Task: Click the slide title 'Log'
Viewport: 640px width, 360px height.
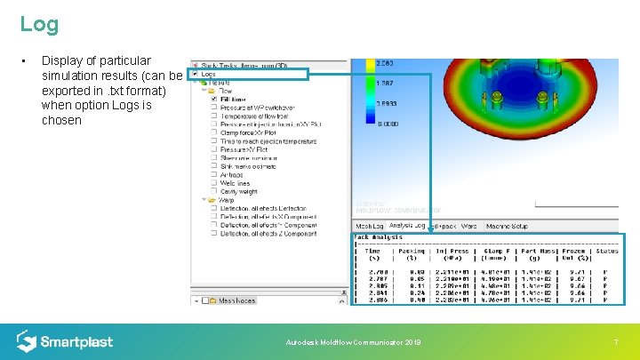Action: pos(39,24)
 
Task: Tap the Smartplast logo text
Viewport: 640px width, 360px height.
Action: pos(77,341)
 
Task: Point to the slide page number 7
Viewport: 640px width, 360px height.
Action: pos(615,342)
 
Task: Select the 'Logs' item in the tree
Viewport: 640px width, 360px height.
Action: pos(210,75)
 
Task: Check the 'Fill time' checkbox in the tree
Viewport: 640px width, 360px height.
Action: pos(214,99)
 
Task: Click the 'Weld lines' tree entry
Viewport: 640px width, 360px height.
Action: pos(236,183)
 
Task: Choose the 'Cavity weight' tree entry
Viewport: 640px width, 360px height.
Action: pos(238,191)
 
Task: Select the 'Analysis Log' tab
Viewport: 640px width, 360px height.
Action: pos(407,226)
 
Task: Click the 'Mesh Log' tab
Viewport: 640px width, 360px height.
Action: pos(370,226)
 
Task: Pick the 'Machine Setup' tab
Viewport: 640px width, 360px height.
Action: pos(507,226)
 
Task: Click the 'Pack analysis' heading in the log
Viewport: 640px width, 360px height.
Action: pos(379,237)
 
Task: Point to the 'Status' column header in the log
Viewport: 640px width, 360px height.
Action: pos(607,251)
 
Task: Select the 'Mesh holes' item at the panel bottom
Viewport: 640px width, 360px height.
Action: pos(236,300)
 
